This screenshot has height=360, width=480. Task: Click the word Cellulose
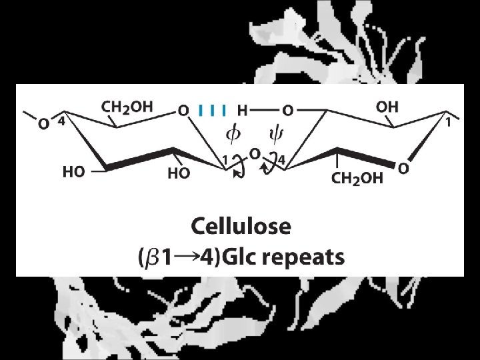pyautogui.click(x=241, y=227)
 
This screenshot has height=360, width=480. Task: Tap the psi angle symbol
pyautogui.click(x=275, y=135)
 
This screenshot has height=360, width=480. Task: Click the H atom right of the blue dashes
pyautogui.click(x=242, y=109)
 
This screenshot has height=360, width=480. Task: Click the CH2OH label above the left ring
pyautogui.click(x=127, y=106)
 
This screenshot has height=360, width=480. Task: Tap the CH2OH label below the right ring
pyautogui.click(x=357, y=178)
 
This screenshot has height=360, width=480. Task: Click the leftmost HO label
pyautogui.click(x=73, y=172)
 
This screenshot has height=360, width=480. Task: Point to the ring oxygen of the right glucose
pyautogui.click(x=403, y=169)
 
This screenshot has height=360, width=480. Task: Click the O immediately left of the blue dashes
pyautogui.click(x=183, y=109)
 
